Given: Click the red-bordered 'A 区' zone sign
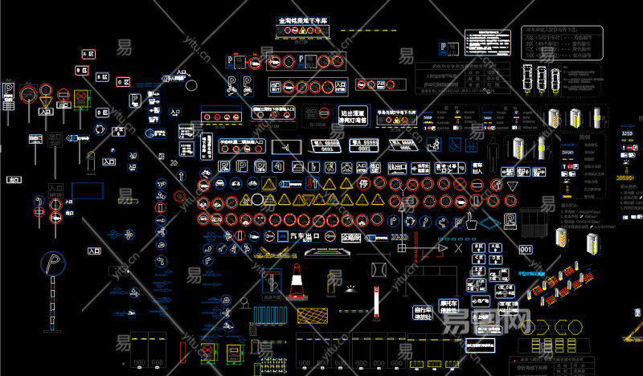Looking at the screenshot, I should (x=88, y=54).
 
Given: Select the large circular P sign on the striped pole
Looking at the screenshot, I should (x=55, y=266).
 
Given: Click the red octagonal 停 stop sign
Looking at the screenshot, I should (x=364, y=184).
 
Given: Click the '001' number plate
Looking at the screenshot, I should (x=526, y=250).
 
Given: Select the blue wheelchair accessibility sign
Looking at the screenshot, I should (x=455, y=145).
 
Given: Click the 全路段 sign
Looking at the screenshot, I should (x=352, y=238).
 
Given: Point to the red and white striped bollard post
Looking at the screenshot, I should (x=375, y=303).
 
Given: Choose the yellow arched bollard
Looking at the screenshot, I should (x=334, y=282).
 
